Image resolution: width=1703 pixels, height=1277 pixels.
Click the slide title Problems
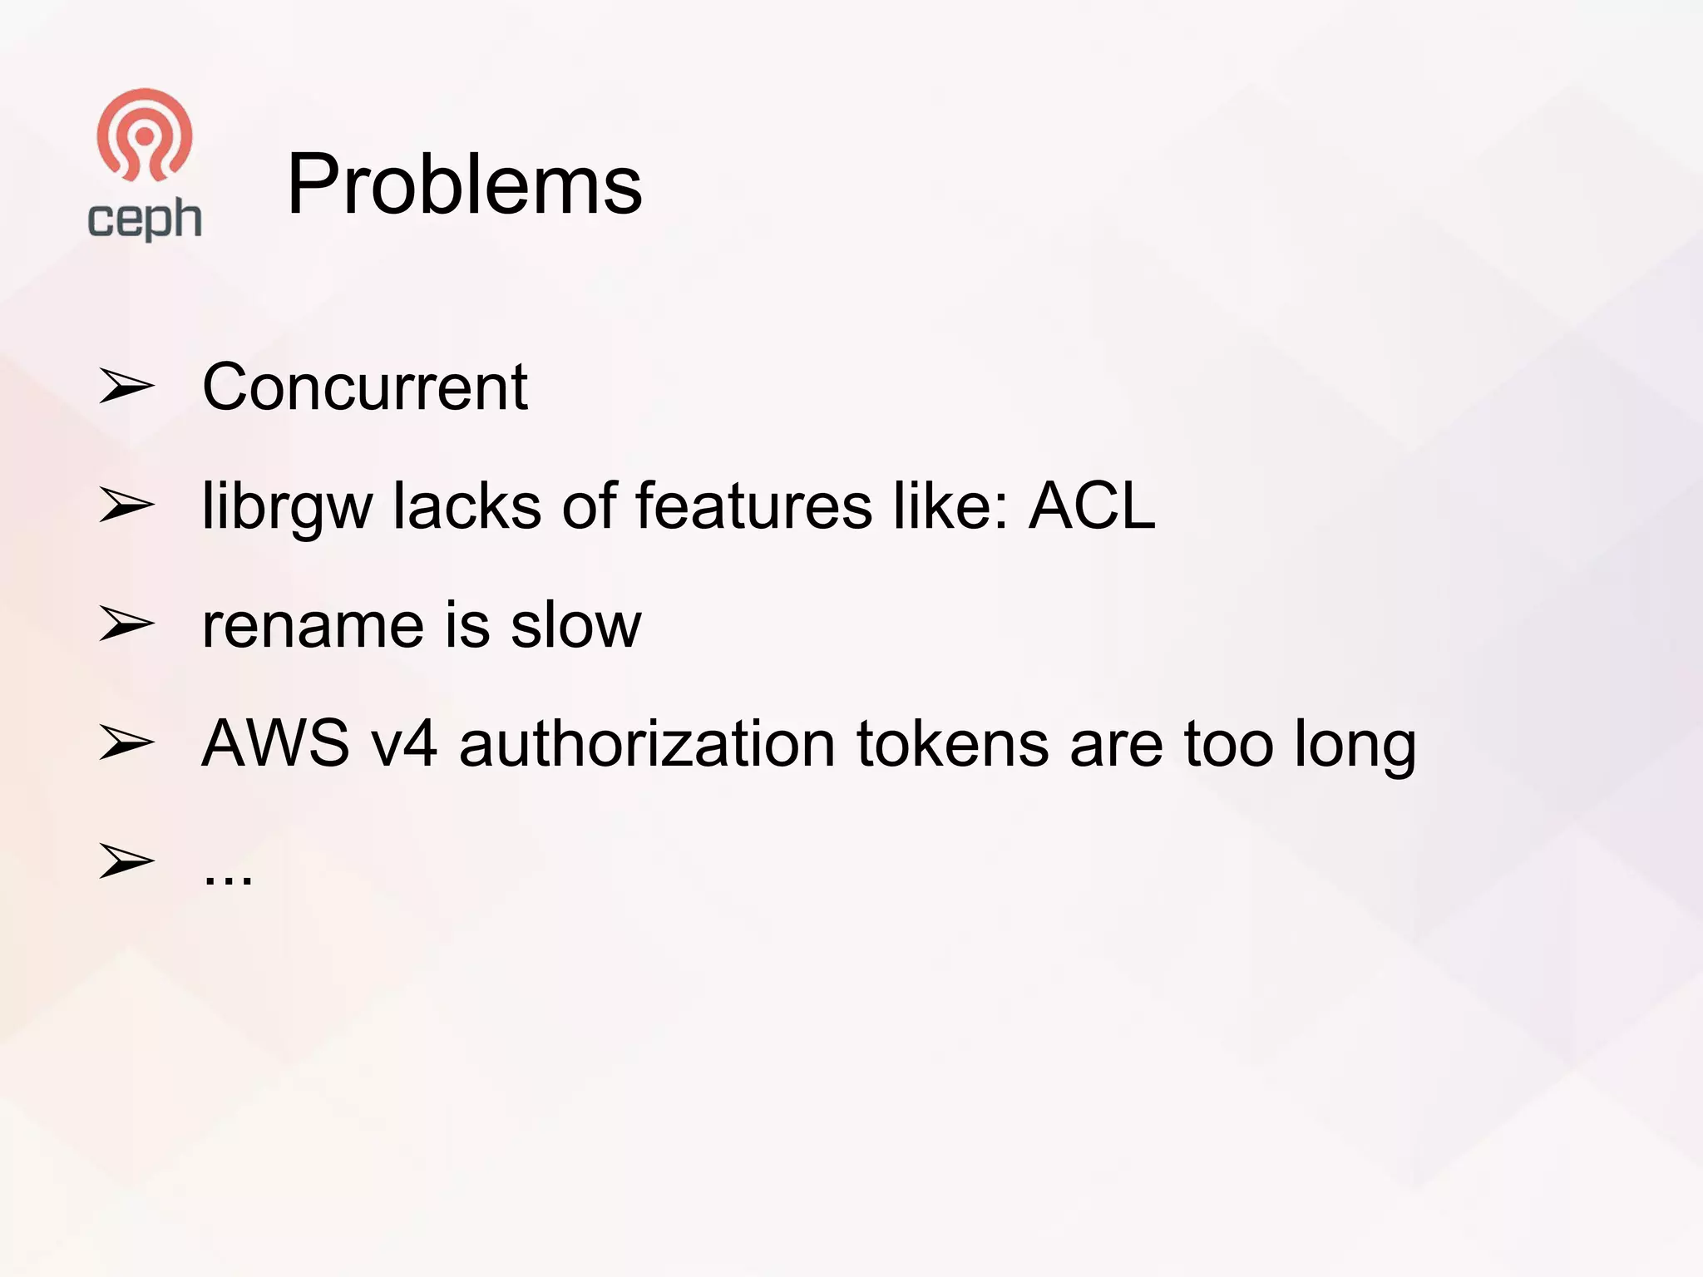464,185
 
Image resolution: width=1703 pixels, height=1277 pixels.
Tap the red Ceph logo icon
145,136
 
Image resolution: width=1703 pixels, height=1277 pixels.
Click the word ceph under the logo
145,219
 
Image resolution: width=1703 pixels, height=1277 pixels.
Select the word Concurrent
364,387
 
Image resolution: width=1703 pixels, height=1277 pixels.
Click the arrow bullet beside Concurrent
126,387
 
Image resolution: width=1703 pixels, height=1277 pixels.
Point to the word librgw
287,507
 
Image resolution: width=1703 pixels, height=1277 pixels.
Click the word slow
575,625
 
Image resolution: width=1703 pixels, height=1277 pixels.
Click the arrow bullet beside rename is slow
126,625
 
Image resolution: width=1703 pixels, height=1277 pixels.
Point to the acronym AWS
275,743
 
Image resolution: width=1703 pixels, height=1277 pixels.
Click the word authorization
647,743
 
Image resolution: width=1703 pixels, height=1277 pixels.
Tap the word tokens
953,743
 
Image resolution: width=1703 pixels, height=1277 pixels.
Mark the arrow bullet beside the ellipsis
126,861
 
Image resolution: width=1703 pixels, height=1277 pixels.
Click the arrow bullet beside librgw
126,505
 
